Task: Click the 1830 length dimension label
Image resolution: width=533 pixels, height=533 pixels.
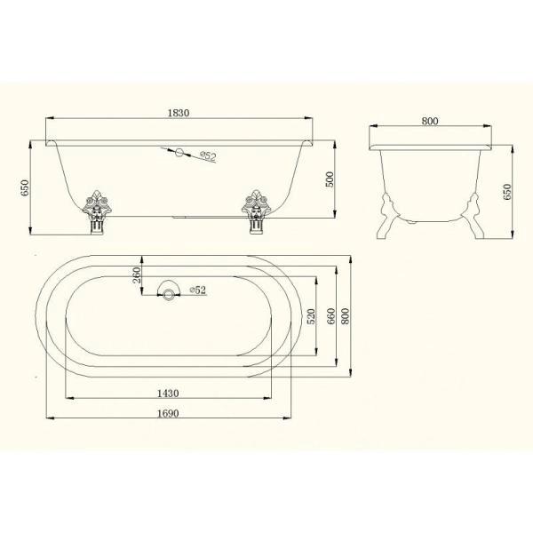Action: (x=179, y=113)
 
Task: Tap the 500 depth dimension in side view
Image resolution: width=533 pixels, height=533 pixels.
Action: (x=330, y=179)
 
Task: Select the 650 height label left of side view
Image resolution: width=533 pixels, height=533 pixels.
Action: (x=25, y=187)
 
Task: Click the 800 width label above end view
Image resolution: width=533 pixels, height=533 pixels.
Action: (x=430, y=121)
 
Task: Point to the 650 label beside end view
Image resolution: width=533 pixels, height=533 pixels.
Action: (x=507, y=192)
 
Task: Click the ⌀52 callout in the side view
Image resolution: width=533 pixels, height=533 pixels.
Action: (x=208, y=156)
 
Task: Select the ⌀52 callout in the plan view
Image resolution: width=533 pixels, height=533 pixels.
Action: (x=198, y=290)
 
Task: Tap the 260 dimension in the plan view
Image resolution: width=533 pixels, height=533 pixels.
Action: (x=136, y=275)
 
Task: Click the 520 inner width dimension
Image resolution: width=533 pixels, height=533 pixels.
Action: (x=311, y=316)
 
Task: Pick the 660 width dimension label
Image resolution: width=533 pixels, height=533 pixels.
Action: (x=330, y=316)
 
